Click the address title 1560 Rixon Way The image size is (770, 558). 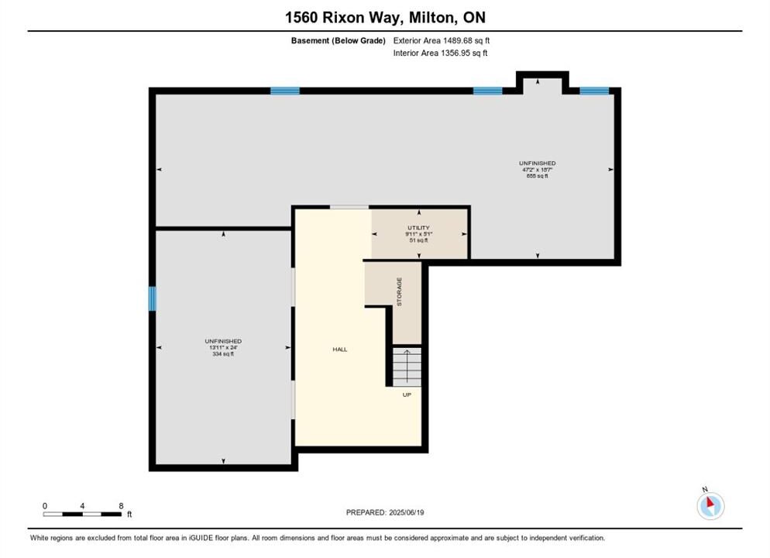[x=344, y=18]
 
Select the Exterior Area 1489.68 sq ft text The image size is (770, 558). [x=441, y=41]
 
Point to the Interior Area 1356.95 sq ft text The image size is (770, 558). [x=440, y=53]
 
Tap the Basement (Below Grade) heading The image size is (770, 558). [x=338, y=41]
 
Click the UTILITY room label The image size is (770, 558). [x=418, y=228]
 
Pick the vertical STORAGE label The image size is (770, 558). [x=399, y=291]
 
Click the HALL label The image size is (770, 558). [x=340, y=350]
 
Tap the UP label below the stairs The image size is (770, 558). [x=407, y=395]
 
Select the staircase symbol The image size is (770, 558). [x=407, y=367]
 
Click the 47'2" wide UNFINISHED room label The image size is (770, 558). [x=538, y=170]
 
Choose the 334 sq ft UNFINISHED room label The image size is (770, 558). [x=223, y=347]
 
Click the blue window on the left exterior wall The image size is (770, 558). [x=153, y=298]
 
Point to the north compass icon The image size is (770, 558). [x=710, y=505]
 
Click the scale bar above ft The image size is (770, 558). [x=82, y=515]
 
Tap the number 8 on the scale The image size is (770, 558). [x=121, y=506]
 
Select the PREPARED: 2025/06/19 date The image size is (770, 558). [x=385, y=512]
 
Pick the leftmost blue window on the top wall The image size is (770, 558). [x=285, y=91]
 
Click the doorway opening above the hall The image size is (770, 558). [x=349, y=207]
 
